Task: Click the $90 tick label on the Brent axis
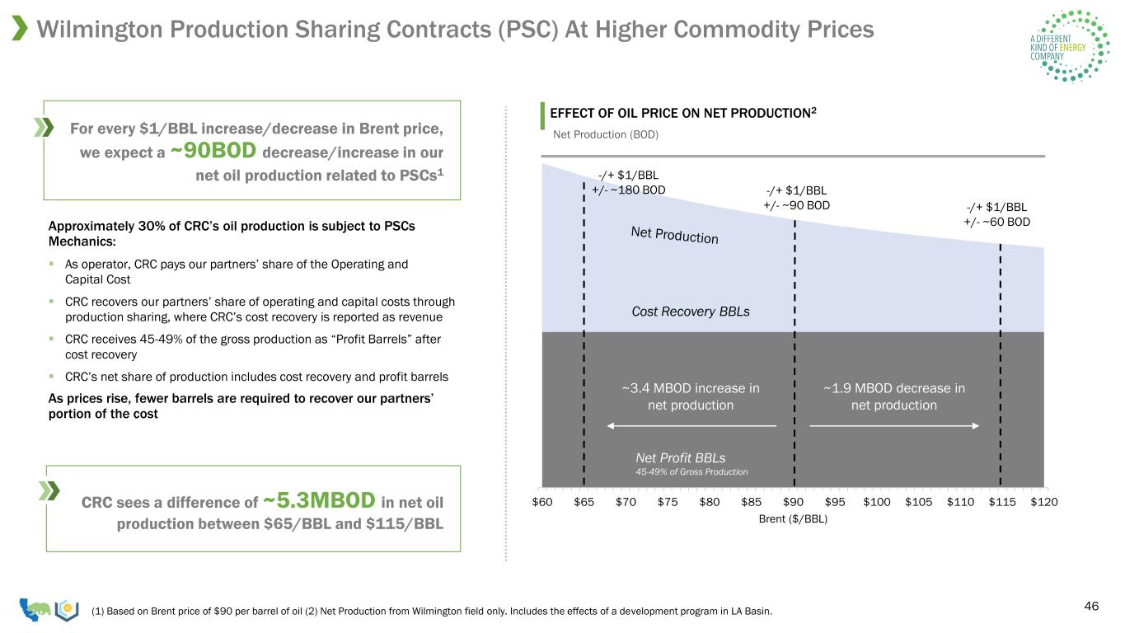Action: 793,502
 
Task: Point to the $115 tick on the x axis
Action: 1002,502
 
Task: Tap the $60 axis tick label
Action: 542,502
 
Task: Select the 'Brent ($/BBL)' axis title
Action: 793,519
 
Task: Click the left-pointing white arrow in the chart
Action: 691,426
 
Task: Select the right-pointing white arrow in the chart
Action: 894,426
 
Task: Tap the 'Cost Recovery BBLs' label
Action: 691,312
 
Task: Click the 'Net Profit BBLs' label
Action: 681,457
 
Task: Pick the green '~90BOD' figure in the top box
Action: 213,150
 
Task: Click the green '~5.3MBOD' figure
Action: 319,499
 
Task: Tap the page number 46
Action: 1091,606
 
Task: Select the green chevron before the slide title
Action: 19,28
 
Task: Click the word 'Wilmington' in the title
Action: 100,29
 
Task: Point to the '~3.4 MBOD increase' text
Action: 691,388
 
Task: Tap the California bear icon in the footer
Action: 35,609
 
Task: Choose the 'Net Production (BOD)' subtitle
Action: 606,134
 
